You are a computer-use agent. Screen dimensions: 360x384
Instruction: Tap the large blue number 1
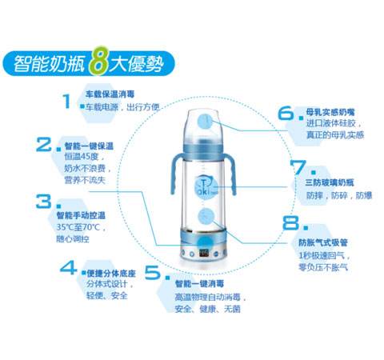(x=66, y=101)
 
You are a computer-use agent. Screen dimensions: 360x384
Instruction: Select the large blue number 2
(x=45, y=145)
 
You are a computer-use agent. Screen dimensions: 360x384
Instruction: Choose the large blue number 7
(x=298, y=168)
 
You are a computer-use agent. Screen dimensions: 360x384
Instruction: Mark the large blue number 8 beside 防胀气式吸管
(x=289, y=225)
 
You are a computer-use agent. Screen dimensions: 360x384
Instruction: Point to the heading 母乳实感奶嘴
(x=330, y=112)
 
